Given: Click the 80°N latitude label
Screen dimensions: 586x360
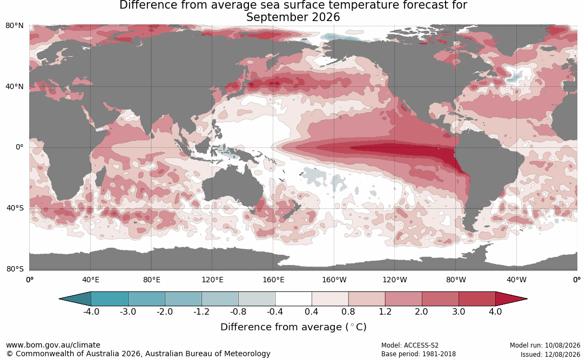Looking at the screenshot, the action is point(14,26).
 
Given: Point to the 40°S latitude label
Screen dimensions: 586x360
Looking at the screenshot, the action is point(15,208).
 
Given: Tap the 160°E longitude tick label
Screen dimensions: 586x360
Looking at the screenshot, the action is point(273,280).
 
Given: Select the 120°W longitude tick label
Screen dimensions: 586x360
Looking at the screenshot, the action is point(395,280).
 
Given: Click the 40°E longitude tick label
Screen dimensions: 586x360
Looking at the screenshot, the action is point(90,280).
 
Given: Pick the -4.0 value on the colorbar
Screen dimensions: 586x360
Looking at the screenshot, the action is point(91,311).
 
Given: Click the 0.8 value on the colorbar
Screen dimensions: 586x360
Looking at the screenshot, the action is point(348,311).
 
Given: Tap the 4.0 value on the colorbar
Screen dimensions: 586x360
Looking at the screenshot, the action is point(495,311).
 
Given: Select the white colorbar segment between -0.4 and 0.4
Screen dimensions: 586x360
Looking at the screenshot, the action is point(293,299).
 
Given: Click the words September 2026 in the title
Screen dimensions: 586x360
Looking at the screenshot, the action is point(293,17).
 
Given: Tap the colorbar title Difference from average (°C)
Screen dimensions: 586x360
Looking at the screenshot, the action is point(293,327).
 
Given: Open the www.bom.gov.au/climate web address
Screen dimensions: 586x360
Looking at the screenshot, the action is point(53,345).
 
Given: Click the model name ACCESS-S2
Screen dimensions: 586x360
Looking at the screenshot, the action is point(421,345).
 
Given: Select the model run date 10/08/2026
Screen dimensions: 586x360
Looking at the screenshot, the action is point(562,345).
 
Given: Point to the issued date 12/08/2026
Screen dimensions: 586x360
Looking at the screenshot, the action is point(562,354).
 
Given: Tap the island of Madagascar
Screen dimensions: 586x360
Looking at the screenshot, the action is point(99,176).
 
